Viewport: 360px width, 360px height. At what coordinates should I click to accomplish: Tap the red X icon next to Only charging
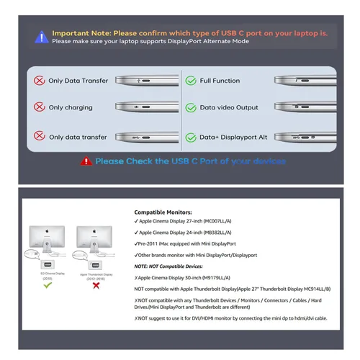[x=37, y=107]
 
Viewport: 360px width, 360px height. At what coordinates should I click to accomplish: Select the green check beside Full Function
[x=190, y=81]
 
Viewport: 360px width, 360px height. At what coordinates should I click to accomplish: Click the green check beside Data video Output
[x=190, y=107]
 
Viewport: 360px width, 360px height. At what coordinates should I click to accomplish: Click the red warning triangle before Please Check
[x=86, y=161]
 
